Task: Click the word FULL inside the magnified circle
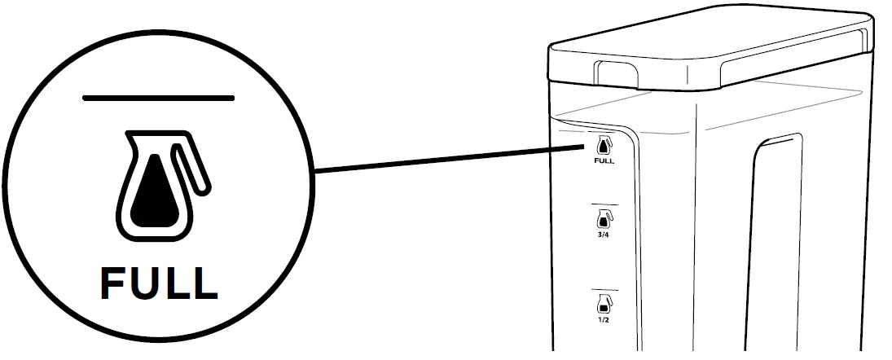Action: point(159,283)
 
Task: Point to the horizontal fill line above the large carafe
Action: point(158,98)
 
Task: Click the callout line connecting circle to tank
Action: point(448,159)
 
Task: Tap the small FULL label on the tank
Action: point(604,161)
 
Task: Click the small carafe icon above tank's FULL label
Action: point(604,147)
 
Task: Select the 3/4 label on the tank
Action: point(604,234)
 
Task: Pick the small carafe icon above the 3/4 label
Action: point(604,218)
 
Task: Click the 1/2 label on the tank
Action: point(604,320)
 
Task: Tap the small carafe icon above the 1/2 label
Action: point(604,305)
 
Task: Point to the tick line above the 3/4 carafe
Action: point(604,204)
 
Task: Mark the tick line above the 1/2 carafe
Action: point(604,290)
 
